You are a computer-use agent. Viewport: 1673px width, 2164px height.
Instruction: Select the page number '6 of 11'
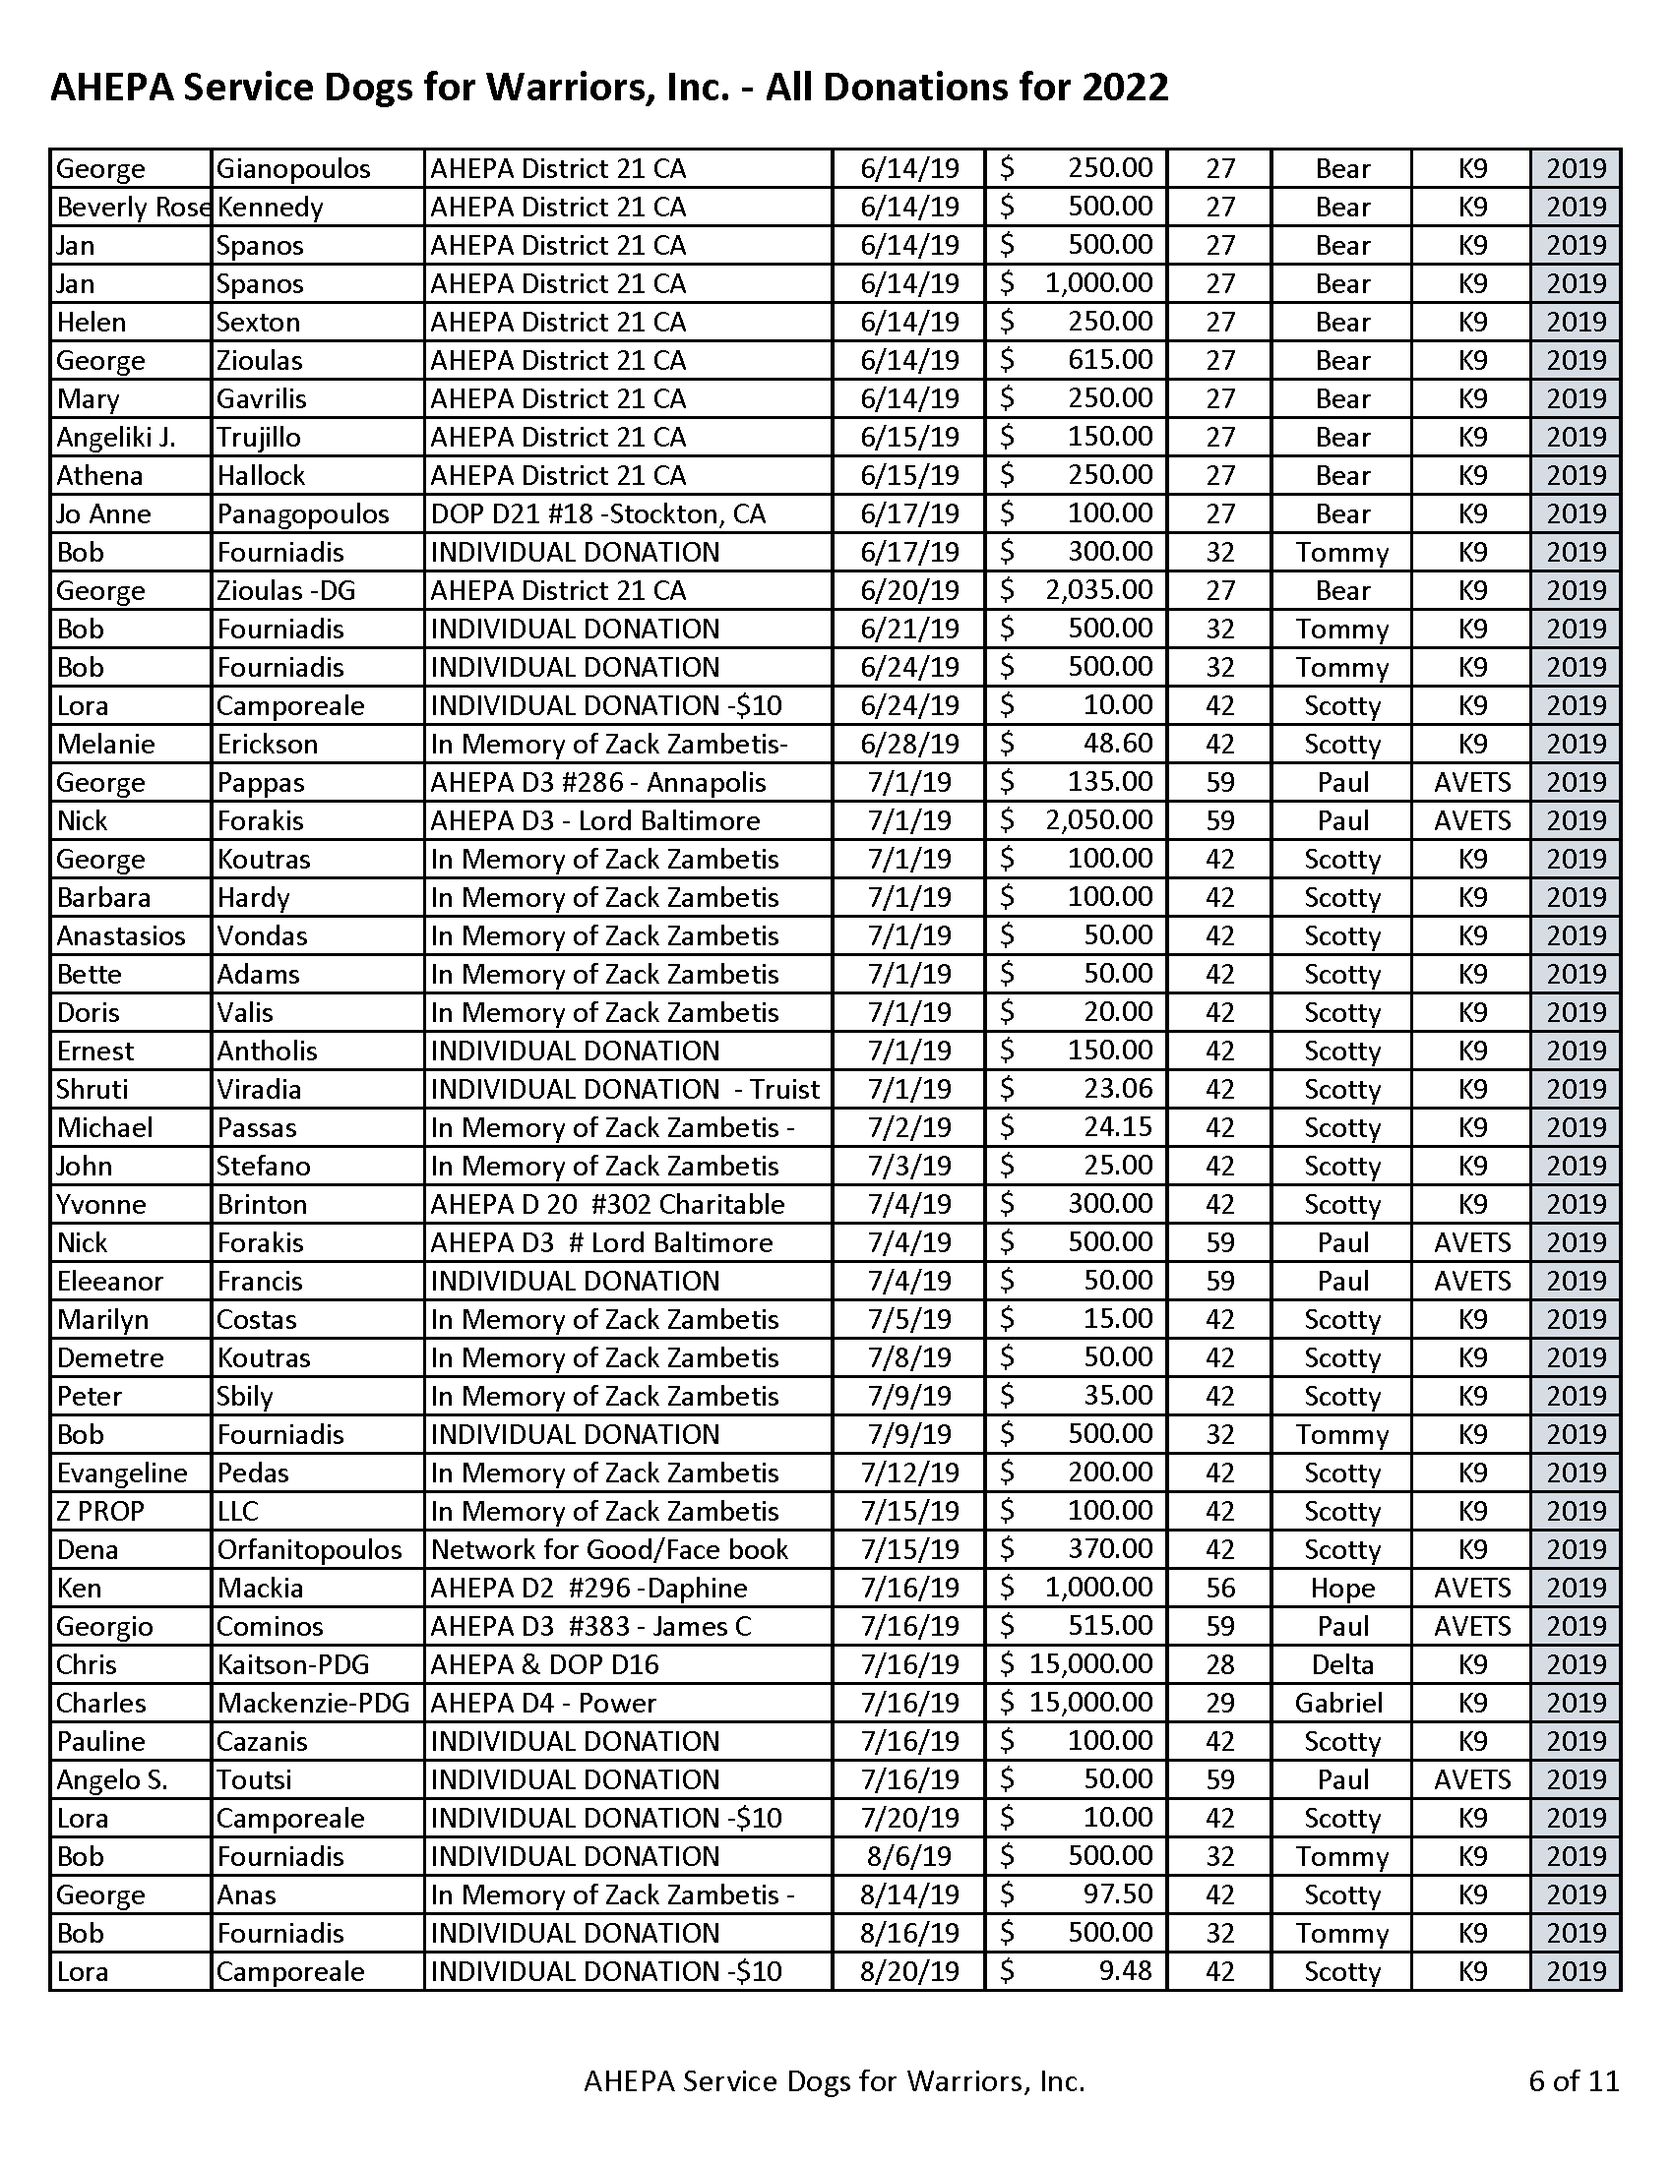tap(1573, 2079)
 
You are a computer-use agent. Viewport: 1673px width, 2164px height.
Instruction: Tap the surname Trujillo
tap(259, 437)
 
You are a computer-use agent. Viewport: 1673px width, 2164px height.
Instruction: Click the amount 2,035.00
tap(1098, 590)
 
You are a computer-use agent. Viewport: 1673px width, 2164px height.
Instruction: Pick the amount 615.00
tap(1110, 360)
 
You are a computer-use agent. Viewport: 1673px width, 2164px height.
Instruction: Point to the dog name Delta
tap(1342, 1664)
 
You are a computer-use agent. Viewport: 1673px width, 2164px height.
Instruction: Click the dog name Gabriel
tap(1338, 1704)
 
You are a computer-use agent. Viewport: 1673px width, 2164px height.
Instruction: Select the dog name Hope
tap(1342, 1589)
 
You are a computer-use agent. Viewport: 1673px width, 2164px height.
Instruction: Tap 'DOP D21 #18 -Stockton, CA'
tap(597, 513)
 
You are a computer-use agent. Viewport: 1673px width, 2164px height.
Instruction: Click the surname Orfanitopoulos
tap(309, 1549)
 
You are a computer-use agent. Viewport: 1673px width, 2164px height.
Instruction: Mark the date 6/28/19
tap(909, 745)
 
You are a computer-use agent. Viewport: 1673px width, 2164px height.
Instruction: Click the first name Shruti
tap(93, 1089)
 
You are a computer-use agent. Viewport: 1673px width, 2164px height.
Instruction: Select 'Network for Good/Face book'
tap(608, 1549)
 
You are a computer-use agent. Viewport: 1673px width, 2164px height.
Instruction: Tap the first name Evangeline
tap(122, 1473)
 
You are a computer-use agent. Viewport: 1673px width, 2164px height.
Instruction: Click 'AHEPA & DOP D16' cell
tap(544, 1664)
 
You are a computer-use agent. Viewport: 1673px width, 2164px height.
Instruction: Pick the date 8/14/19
tap(909, 1894)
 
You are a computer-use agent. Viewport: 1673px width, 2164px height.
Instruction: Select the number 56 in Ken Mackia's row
tap(1219, 1589)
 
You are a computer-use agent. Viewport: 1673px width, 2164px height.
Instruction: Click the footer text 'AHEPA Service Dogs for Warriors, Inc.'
tap(834, 2080)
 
